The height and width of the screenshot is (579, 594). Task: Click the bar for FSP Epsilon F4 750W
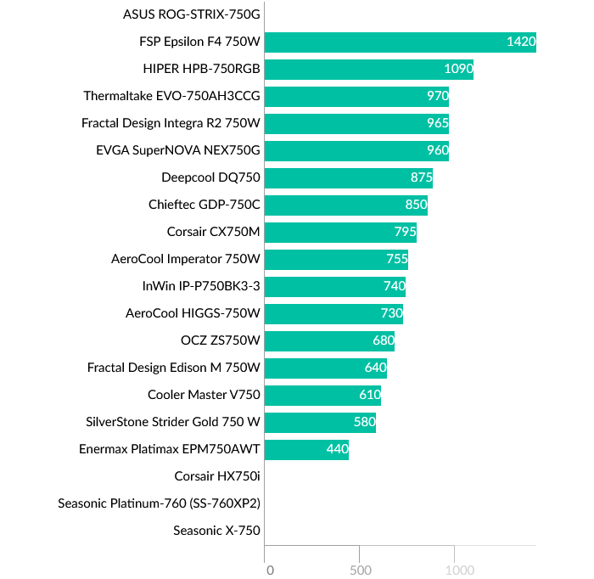401,42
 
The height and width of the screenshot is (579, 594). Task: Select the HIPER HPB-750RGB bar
369,70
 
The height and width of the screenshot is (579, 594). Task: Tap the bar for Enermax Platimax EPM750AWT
307,450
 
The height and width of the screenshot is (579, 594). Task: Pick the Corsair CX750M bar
341,233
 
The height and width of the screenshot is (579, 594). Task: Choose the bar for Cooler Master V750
323,396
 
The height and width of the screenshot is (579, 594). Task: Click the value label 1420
520,42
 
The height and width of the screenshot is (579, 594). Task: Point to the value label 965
438,124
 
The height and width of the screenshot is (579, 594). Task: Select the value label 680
384,341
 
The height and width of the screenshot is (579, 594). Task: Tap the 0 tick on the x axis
269,569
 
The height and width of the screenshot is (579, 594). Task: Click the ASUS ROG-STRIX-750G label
192,14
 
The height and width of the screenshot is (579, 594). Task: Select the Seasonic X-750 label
216,531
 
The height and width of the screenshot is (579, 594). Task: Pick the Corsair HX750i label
217,476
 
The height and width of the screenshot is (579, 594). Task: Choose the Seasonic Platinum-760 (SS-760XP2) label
159,503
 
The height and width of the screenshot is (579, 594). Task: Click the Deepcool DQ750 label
210,178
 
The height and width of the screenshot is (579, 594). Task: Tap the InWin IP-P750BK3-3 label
201,286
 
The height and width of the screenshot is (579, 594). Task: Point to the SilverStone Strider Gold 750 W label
173,422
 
